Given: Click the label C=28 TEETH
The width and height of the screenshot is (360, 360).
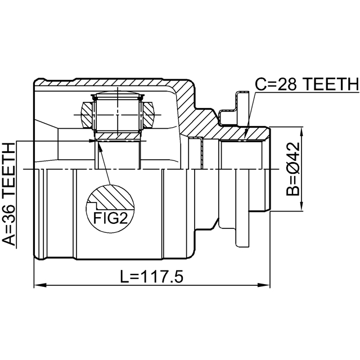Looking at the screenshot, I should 307,84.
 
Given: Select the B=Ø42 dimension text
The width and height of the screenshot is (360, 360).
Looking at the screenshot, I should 293,169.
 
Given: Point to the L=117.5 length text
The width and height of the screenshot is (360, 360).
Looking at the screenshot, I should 152,277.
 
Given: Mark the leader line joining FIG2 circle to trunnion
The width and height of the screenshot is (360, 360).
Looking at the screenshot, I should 105,163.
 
